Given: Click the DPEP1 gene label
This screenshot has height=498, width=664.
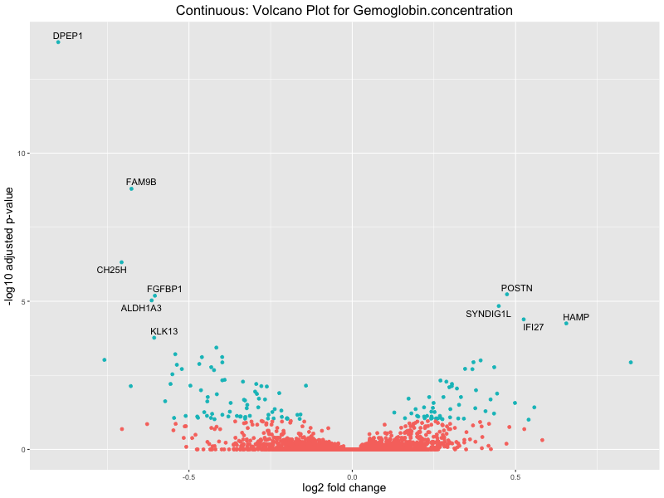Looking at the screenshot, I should (68, 36).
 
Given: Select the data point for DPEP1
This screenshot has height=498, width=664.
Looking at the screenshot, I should (58, 41).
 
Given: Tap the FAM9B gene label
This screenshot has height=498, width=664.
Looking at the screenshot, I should (141, 182).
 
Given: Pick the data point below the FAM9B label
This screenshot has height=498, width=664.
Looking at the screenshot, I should (131, 189).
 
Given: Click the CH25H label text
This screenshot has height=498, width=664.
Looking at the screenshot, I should (111, 270).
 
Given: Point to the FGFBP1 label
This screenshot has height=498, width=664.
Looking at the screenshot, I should (164, 289).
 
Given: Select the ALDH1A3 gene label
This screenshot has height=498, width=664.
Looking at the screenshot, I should (141, 308).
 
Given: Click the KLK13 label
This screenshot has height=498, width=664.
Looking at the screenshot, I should (164, 331).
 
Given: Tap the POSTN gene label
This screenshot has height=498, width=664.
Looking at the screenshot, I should (517, 288).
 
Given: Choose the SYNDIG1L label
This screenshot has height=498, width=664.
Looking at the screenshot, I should (488, 314).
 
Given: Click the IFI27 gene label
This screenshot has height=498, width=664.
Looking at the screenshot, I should (534, 327).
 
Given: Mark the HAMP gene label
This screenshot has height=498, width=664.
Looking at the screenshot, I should (576, 317).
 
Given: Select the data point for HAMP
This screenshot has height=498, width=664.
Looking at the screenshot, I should (566, 323).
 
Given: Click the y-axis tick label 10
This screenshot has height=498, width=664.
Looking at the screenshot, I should (22, 154).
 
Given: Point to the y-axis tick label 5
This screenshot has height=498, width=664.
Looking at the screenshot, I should (25, 301).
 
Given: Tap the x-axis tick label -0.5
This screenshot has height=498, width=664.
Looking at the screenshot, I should (188, 477).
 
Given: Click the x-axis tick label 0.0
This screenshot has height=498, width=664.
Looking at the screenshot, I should (352, 477).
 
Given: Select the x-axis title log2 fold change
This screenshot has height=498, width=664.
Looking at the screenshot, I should (344, 488).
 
